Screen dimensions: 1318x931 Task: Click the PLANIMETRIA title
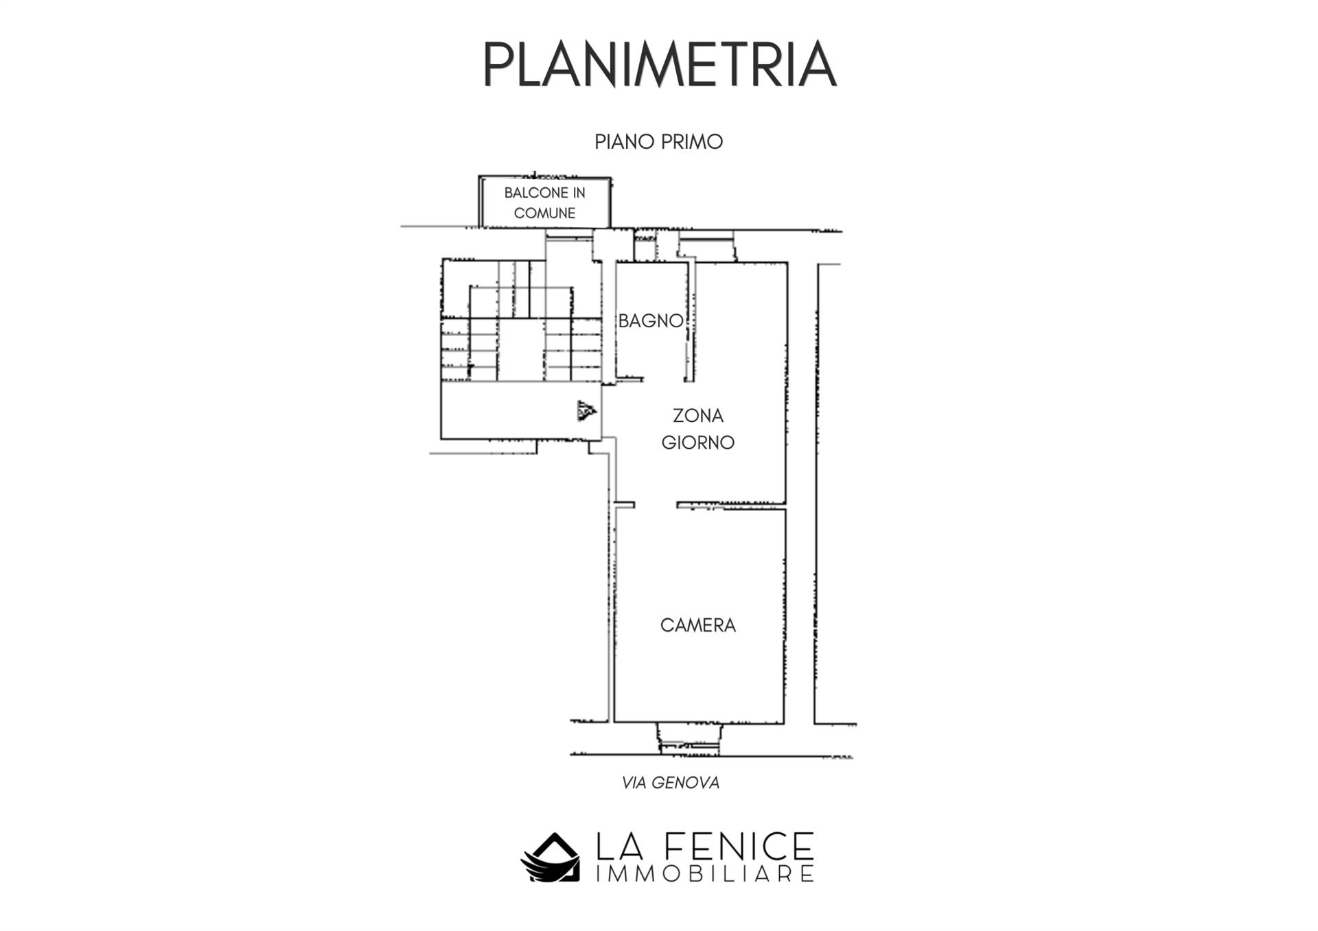point(659,64)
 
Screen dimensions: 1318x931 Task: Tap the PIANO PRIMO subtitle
point(659,142)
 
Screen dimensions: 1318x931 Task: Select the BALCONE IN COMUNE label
point(544,203)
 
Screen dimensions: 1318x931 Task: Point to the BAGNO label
point(651,320)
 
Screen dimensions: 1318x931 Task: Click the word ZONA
point(697,416)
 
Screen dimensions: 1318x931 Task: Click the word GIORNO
point(697,443)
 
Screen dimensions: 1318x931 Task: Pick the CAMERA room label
point(697,625)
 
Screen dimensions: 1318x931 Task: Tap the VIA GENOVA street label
point(671,783)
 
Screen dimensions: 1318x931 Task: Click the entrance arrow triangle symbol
point(586,411)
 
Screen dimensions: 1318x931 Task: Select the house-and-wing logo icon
point(550,857)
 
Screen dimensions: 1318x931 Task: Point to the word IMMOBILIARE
point(696,873)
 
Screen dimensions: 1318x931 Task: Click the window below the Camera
point(689,738)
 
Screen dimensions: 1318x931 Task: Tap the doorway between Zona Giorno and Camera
point(656,505)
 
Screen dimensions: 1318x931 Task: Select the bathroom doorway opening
point(663,379)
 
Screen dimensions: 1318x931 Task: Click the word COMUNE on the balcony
point(544,213)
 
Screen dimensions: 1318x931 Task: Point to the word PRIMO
point(691,142)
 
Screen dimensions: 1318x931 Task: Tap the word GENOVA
point(683,783)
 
